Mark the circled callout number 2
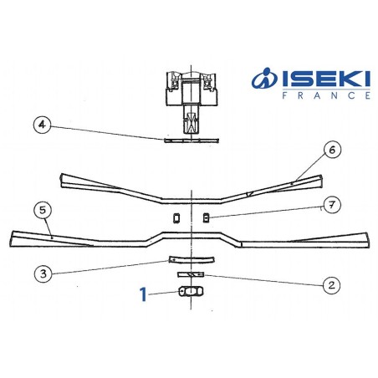pyautogui.click(x=331, y=284)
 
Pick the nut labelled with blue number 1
pyautogui.click(x=191, y=292)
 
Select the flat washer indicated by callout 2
pyautogui.click(x=192, y=273)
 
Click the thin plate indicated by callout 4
pyautogui.click(x=191, y=140)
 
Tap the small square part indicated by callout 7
pyautogui.click(x=206, y=219)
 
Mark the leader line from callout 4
pyautogui.click(x=109, y=132)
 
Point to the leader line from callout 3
pyautogui.click(x=109, y=267)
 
